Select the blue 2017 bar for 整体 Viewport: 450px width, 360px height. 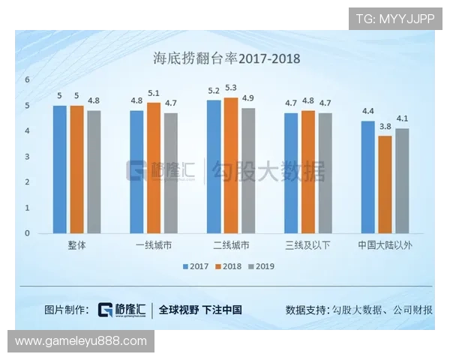click(x=60, y=169)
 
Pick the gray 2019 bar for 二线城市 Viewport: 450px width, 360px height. click(x=248, y=170)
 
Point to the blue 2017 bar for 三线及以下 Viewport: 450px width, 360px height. click(x=292, y=172)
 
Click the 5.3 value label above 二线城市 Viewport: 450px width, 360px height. click(x=231, y=88)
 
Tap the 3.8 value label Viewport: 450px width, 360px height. click(x=385, y=126)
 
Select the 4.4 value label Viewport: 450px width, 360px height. click(x=367, y=111)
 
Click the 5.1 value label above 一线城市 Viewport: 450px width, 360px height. click(x=154, y=93)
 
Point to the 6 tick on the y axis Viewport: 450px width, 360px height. click(x=27, y=79)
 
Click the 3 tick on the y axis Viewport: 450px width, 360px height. click(x=27, y=156)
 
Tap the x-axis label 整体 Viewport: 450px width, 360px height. click(x=76, y=245)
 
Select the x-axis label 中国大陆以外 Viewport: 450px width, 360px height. click(x=384, y=245)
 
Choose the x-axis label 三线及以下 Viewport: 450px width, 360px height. click(x=307, y=245)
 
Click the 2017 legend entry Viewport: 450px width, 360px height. click(x=195, y=266)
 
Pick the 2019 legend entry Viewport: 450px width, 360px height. click(x=262, y=266)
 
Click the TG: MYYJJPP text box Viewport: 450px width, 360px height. click(x=395, y=19)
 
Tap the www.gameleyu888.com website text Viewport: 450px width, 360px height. click(x=81, y=341)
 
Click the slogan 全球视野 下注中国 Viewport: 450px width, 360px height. click(x=200, y=310)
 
